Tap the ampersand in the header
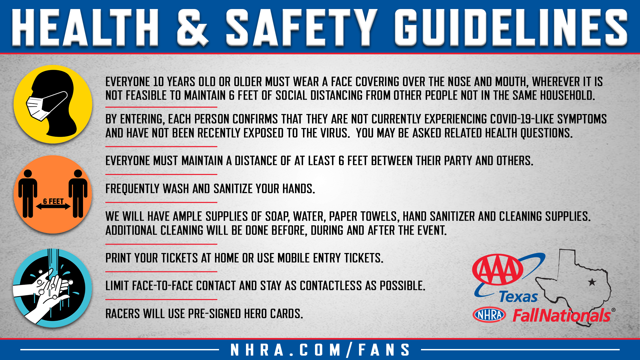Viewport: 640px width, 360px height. click(193, 27)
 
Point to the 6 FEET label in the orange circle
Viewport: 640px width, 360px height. click(53, 201)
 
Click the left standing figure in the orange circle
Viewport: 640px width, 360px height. click(28, 193)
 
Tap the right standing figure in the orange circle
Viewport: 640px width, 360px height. click(78, 193)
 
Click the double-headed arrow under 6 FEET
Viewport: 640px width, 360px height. click(53, 207)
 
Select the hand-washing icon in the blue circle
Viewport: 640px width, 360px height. click(52, 288)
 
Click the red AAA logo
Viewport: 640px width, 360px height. click(498, 269)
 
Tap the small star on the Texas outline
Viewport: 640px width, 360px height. click(592, 282)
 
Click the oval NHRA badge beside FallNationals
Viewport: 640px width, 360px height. click(489, 315)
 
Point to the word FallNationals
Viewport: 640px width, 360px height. click(562, 315)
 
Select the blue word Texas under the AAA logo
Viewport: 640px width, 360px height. click(519, 297)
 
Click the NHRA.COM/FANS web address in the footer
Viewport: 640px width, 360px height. click(320, 350)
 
